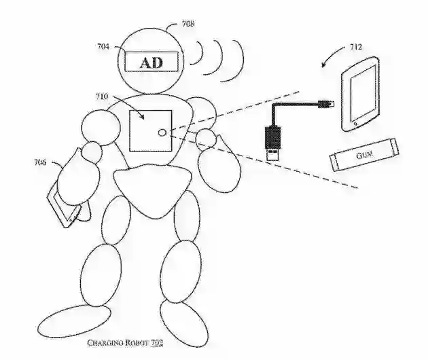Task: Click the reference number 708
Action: [x=188, y=24]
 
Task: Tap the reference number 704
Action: [x=103, y=46]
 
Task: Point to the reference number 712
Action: [x=356, y=47]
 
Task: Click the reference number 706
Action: [x=39, y=162]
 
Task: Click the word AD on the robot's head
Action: [x=151, y=63]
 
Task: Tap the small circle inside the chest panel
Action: [x=162, y=132]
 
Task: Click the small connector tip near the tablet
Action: [x=328, y=103]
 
